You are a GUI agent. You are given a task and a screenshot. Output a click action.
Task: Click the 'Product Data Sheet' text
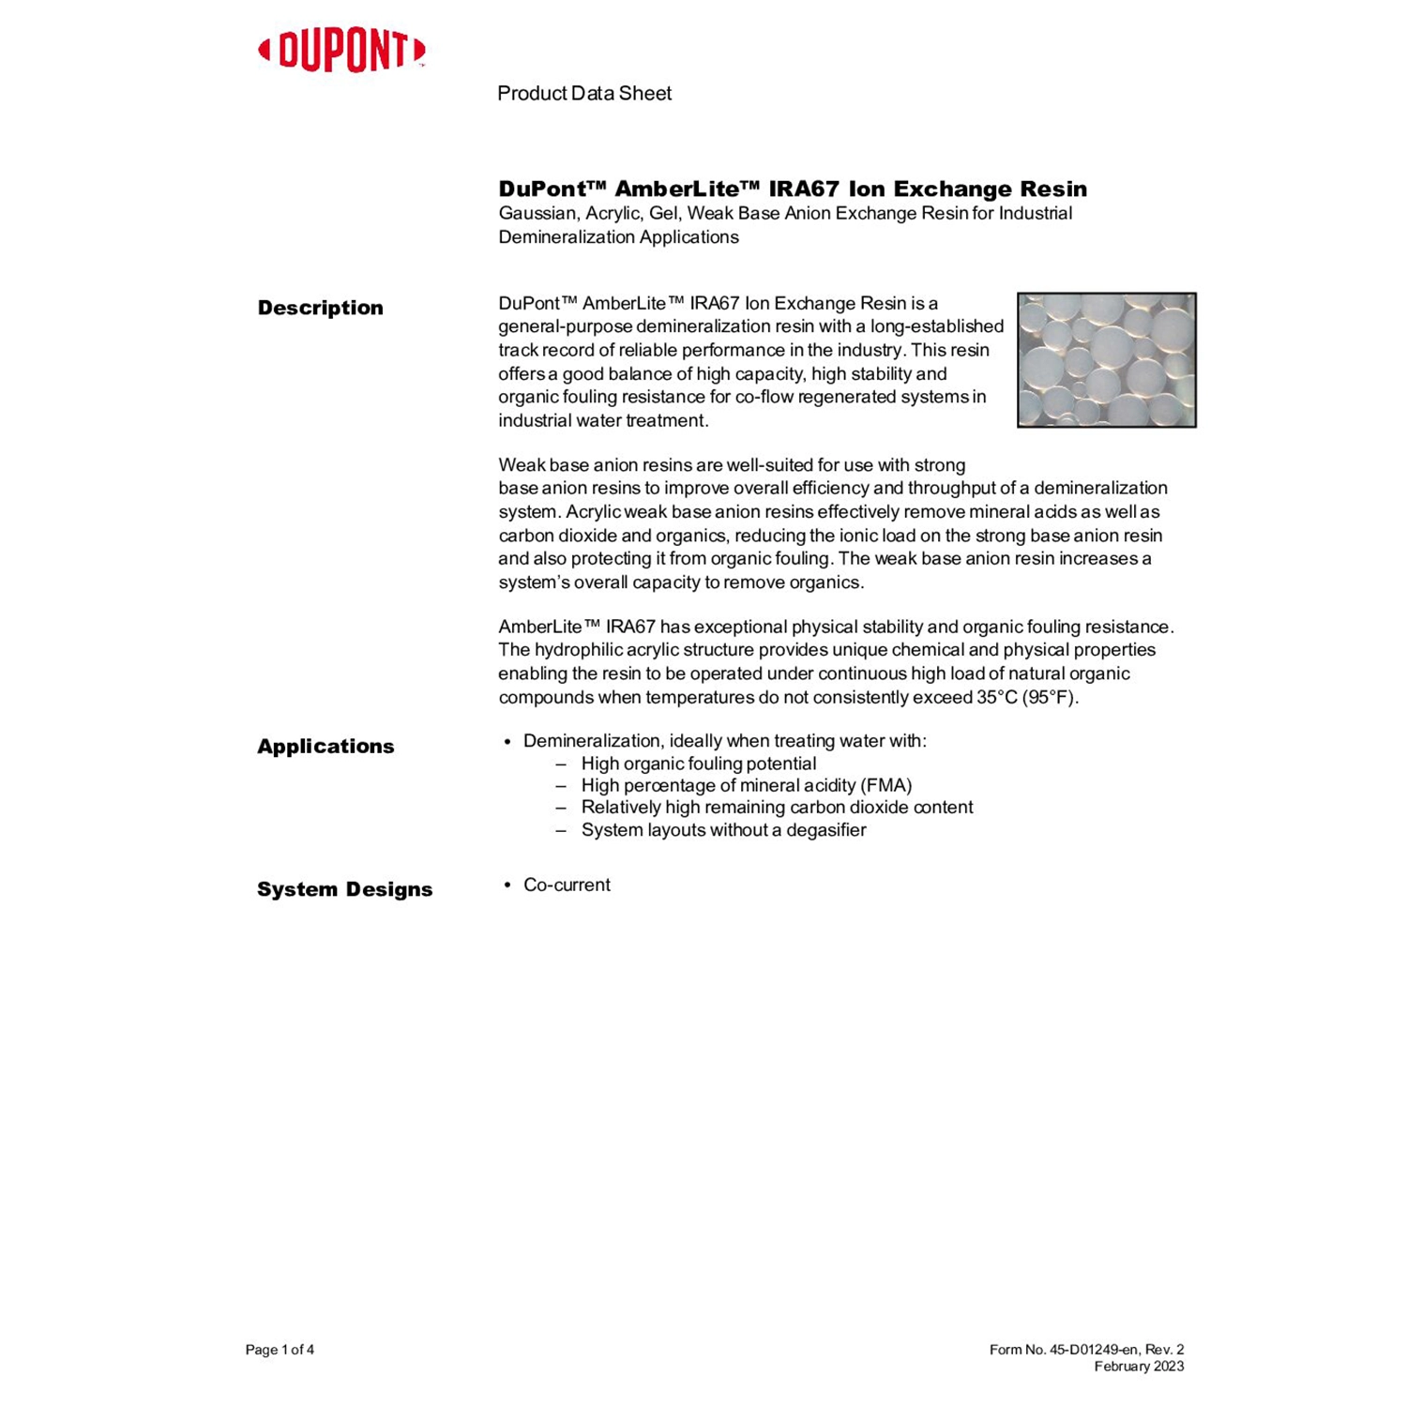(583, 94)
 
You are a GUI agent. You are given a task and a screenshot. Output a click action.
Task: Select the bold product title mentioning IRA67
(793, 189)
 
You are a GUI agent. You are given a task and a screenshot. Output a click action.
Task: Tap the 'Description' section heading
(320, 309)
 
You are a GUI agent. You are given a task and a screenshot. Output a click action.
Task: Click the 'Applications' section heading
(325, 747)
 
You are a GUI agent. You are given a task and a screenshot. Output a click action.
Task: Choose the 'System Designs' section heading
(344, 890)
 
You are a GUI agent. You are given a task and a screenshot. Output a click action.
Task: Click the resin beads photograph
(1106, 360)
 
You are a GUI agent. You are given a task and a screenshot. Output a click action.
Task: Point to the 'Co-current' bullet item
(567, 885)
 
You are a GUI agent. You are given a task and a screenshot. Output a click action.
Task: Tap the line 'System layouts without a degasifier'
(723, 830)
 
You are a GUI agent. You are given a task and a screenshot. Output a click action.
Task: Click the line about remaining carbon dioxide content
(777, 808)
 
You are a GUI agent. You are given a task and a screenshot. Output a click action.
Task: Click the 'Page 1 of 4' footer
(280, 1350)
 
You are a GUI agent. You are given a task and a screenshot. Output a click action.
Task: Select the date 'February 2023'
(1139, 1367)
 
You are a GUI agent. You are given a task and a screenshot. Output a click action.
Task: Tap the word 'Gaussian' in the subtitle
(537, 214)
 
